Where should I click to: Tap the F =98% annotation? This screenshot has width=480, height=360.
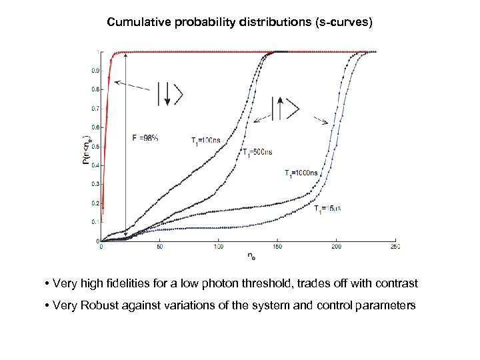pos(145,138)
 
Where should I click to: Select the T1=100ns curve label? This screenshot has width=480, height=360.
pos(205,141)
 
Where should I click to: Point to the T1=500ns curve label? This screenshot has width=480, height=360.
pos(257,153)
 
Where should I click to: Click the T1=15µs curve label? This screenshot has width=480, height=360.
pos(328,209)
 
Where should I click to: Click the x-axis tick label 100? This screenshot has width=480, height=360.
pos(218,247)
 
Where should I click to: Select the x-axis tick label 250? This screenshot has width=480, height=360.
pos(394,247)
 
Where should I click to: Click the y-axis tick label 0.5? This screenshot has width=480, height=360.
pos(93,146)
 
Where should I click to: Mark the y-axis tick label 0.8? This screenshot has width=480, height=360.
pos(93,89)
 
